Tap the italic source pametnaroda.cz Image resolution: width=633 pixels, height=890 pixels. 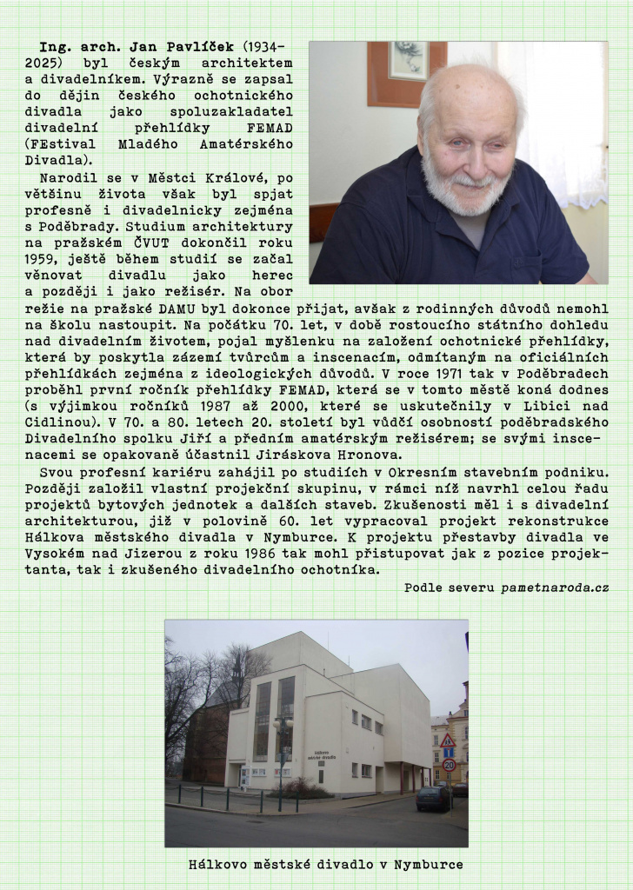554,588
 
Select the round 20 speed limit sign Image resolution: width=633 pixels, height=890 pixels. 449,766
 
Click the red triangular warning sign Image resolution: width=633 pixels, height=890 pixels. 448,741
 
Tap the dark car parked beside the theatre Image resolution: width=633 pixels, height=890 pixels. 432,798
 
